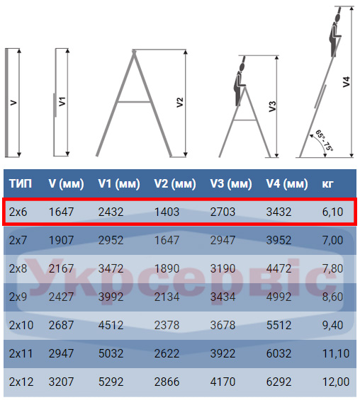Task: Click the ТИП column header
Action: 21,183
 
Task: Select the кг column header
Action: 327,183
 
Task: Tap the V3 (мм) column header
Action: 231,183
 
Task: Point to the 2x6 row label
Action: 18,212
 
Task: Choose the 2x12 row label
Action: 21,382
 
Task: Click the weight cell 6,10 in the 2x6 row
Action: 332,212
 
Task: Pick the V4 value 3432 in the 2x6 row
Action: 279,212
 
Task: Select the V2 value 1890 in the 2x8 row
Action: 167,268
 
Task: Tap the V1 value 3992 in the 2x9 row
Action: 111,297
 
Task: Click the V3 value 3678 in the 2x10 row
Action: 223,325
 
